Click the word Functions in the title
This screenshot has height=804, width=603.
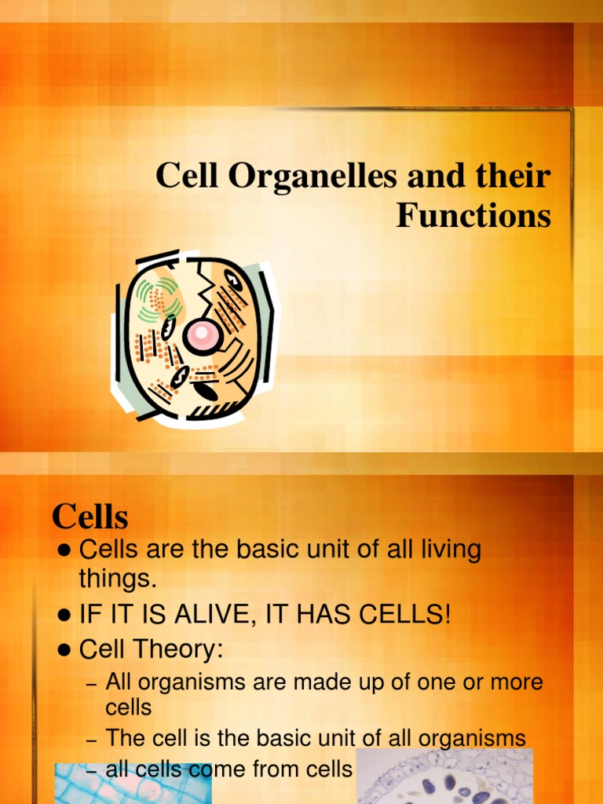tap(473, 216)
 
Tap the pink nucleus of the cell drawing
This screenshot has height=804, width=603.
tap(202, 334)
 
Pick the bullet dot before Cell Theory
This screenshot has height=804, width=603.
tap(66, 651)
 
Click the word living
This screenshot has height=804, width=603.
tap(444, 550)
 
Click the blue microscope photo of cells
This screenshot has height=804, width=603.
tap(133, 785)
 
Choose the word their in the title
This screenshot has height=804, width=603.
tap(514, 176)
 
